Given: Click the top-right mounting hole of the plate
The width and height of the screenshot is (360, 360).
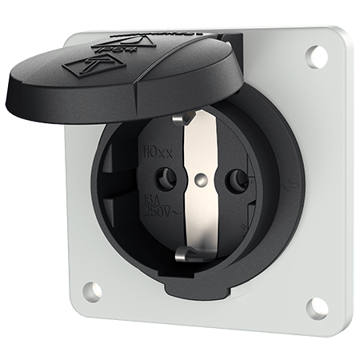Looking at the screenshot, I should (312, 56).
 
